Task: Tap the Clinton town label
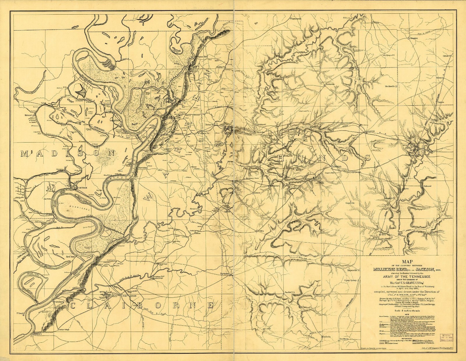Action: click(x=369, y=132)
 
